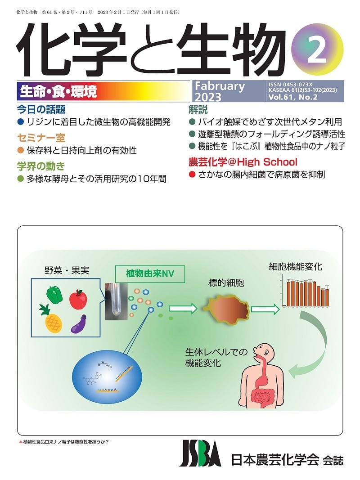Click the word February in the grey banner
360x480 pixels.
[x=220, y=86]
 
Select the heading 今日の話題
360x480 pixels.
[x=41, y=109]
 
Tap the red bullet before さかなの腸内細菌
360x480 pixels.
[x=192, y=175]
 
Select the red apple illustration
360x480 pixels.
[x=79, y=299]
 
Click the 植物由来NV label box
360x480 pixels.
[x=150, y=273]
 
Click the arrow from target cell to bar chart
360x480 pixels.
[x=264, y=309]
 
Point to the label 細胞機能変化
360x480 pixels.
[x=295, y=266]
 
